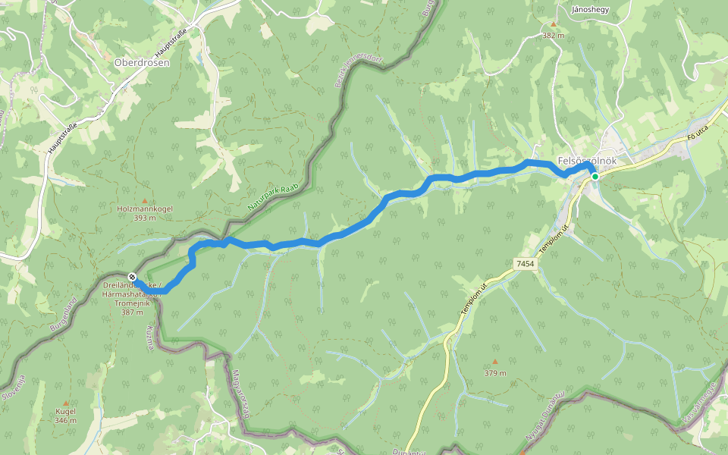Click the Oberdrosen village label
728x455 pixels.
pos(142,62)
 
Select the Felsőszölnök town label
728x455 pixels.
pos(585,161)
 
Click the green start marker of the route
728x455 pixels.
pos(595,177)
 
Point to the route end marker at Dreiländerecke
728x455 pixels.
pos(133,277)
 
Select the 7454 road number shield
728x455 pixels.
pos(524,263)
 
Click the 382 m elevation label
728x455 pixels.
pos(554,35)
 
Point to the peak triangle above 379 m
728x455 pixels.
pos(495,361)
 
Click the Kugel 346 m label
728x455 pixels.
pos(65,416)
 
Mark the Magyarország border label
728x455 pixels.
pos(240,392)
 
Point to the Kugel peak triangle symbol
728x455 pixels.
pos(65,403)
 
